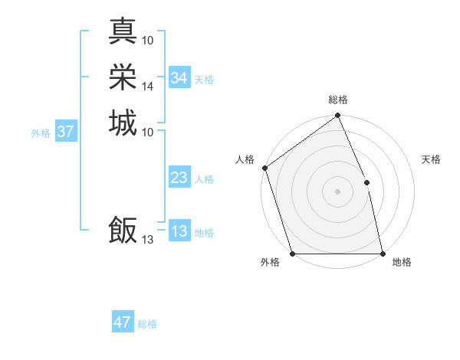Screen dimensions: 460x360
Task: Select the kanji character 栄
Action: tap(123, 77)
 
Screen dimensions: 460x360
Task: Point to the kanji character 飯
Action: tap(123, 230)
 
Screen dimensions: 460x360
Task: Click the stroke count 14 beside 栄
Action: tap(148, 87)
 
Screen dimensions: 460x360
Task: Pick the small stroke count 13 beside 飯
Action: tap(148, 240)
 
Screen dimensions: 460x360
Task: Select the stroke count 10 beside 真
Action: tap(148, 40)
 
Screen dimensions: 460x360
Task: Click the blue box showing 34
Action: tap(179, 78)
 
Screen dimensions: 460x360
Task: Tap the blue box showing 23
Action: tap(179, 178)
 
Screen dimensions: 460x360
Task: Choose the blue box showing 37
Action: tap(66, 132)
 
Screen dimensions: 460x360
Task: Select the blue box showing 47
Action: tap(123, 322)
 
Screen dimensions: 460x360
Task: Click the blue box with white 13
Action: tap(179, 232)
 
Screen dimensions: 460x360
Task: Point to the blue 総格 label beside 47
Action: tap(147, 324)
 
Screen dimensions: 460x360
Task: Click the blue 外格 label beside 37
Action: tap(41, 133)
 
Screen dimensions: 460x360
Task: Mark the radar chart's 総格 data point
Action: tap(337, 116)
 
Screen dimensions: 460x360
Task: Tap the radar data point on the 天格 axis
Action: tap(366, 182)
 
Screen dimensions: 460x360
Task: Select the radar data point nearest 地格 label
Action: tap(383, 254)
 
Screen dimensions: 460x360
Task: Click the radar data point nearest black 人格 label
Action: tap(264, 168)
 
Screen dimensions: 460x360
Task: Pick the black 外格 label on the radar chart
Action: tap(270, 263)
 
